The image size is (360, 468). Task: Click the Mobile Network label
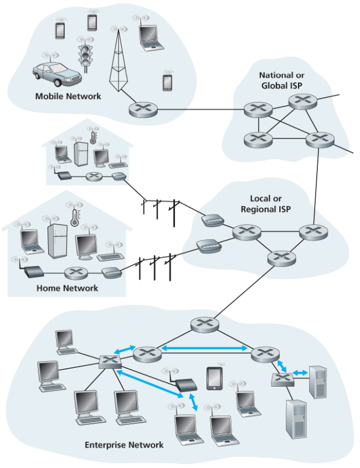[68, 96]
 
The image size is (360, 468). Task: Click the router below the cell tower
[143, 109]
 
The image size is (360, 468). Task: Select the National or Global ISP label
[282, 80]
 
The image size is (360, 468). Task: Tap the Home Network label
[67, 288]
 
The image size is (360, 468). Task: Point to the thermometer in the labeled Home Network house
[74, 217]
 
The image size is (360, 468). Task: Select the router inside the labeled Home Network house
[76, 272]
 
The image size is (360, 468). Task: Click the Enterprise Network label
[124, 445]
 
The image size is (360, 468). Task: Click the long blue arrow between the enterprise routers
[204, 348]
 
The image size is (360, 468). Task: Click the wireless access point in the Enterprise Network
[184, 383]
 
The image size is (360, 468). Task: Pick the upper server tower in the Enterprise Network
[317, 381]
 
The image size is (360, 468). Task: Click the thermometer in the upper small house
[92, 135]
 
